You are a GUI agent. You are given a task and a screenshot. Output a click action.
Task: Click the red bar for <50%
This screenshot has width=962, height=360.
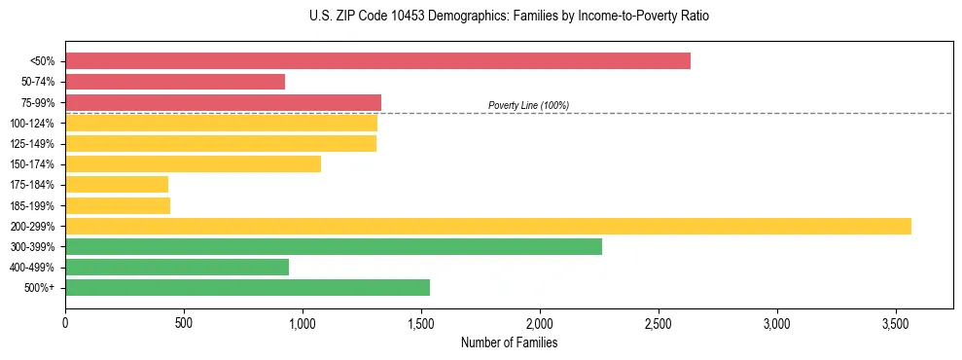(377, 61)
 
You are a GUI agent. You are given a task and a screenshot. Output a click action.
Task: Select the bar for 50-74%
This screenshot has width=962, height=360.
(175, 82)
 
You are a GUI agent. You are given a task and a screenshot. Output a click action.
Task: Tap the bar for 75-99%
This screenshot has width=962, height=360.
(223, 102)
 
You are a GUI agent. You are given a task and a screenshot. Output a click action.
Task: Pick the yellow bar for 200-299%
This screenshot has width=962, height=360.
(488, 226)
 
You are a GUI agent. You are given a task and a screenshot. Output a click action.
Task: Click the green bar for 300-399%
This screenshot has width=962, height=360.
(334, 246)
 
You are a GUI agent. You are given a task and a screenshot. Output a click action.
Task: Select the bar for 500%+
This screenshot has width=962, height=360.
(247, 287)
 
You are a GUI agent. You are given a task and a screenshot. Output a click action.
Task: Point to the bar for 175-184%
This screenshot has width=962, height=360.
(117, 184)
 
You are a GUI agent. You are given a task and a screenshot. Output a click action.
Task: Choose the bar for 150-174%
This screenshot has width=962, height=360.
(193, 163)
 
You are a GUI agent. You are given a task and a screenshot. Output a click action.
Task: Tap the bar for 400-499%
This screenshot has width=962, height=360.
(177, 267)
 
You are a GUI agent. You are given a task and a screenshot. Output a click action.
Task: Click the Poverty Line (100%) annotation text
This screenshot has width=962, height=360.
(528, 105)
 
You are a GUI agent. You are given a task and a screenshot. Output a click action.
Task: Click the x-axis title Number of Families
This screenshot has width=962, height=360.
(509, 342)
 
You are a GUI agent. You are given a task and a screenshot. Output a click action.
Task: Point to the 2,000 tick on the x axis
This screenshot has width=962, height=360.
(540, 322)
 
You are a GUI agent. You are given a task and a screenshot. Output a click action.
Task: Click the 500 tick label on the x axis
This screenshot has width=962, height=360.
(184, 322)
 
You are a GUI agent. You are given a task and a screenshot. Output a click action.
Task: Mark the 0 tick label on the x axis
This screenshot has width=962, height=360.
(65, 322)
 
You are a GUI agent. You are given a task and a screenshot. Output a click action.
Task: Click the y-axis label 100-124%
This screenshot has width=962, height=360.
(32, 124)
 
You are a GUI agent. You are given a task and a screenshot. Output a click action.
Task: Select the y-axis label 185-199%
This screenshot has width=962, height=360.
(32, 205)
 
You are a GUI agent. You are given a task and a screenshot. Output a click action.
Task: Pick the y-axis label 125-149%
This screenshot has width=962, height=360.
(32, 144)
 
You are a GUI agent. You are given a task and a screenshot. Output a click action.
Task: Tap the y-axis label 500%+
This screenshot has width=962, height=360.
(40, 288)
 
